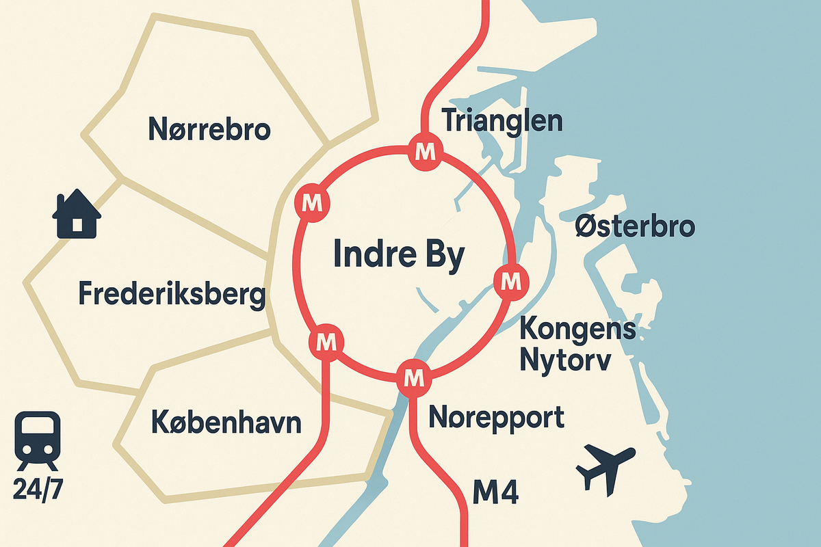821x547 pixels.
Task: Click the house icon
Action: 77,213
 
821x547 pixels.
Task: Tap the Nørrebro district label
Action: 209,129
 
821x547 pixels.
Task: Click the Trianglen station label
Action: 503,121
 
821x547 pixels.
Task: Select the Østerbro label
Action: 635,226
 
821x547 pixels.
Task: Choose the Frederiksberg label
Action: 172,295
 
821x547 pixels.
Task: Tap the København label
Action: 226,421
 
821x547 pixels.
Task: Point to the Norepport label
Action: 496,416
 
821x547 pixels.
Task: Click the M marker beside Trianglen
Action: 426,150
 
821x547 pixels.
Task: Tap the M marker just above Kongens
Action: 510,280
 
